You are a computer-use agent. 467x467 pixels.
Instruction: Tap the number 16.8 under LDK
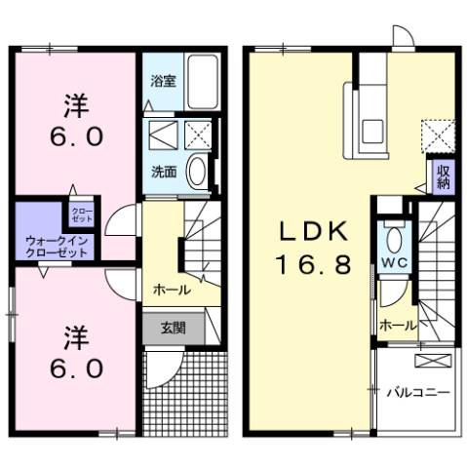(314, 265)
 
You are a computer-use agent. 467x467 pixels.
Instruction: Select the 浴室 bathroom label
(163, 83)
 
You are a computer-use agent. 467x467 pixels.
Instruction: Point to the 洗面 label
(163, 172)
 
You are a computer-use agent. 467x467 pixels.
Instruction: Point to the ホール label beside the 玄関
(170, 291)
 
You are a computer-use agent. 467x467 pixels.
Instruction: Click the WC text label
(394, 263)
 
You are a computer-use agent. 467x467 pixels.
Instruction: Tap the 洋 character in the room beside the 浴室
(74, 101)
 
